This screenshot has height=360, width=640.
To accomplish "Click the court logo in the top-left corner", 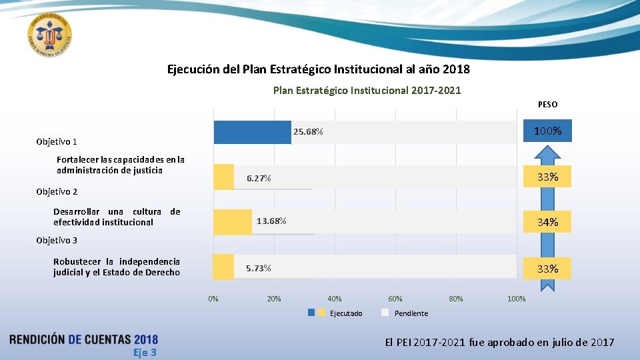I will pos(50,33).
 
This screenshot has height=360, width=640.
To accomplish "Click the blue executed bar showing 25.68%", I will pos(252,132).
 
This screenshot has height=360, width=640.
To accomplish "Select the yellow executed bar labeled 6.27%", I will pos(224,177).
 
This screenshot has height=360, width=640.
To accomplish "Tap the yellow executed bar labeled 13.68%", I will pos(234,221).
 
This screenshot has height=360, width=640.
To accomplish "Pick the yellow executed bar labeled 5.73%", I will pos(224,267).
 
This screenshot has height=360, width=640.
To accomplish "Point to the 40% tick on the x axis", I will pos(335,299).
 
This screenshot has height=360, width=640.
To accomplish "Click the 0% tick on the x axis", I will pos(213,299).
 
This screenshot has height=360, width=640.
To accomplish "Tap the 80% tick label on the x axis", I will pos(456,299).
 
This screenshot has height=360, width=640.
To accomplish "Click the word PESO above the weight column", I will pos(547,105).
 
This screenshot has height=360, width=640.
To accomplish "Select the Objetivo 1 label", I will pos(57,141).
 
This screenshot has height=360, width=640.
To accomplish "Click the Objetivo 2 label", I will pos(57,191).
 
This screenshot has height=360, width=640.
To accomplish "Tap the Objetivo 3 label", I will pos(57,240).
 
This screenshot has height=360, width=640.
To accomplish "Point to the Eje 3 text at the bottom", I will pos(145,352).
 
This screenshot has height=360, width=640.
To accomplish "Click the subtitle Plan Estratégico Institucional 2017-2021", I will pos(367,90).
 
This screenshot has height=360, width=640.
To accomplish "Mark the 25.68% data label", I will pos(308,132).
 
